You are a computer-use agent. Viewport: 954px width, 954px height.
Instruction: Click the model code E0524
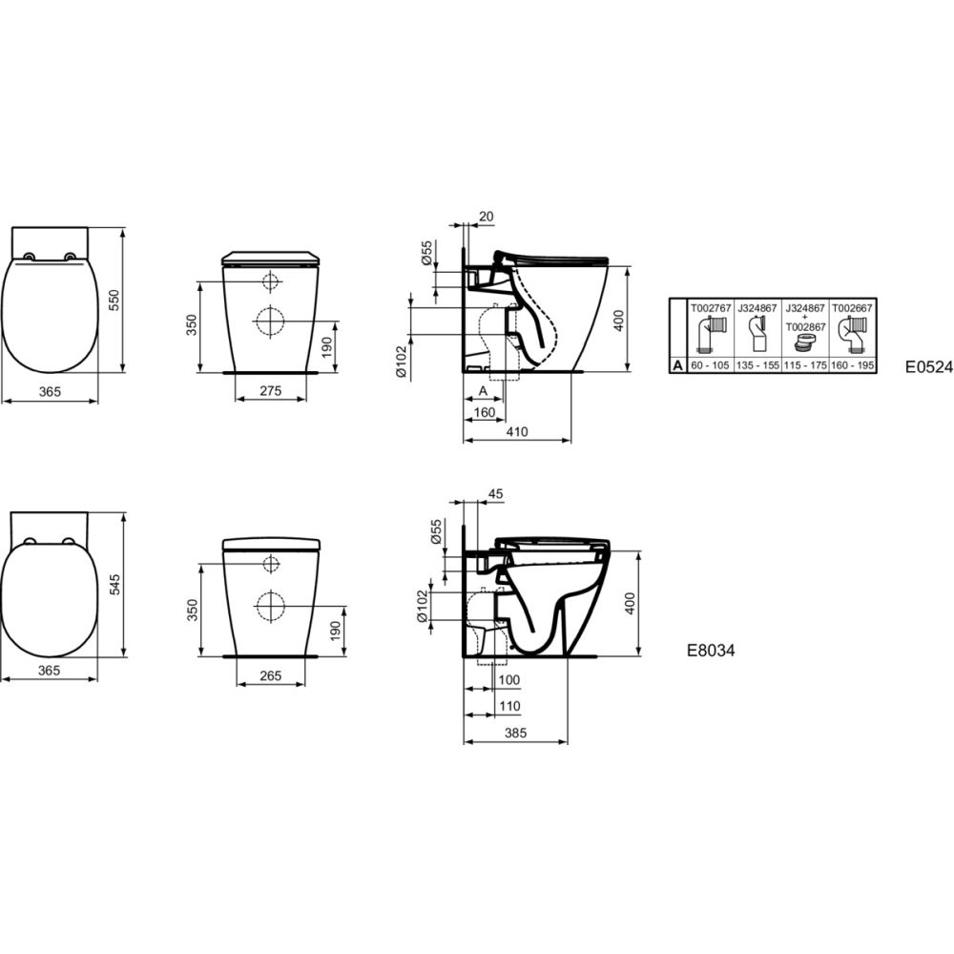point(929,367)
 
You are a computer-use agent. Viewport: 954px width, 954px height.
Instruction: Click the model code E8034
point(711,651)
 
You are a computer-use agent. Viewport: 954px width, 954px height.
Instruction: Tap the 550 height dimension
point(114,300)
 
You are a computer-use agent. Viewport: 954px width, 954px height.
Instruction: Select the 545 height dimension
point(114,585)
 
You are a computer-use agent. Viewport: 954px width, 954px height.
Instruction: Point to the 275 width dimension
point(270,390)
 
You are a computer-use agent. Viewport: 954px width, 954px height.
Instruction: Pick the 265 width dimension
point(270,676)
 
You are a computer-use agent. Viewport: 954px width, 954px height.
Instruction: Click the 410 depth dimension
point(516,431)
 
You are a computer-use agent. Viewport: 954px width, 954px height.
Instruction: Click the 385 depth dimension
point(515,733)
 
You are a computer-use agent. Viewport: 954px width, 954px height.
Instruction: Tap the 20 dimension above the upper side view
point(487,216)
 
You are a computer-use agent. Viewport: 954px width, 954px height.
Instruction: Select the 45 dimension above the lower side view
point(496,493)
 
